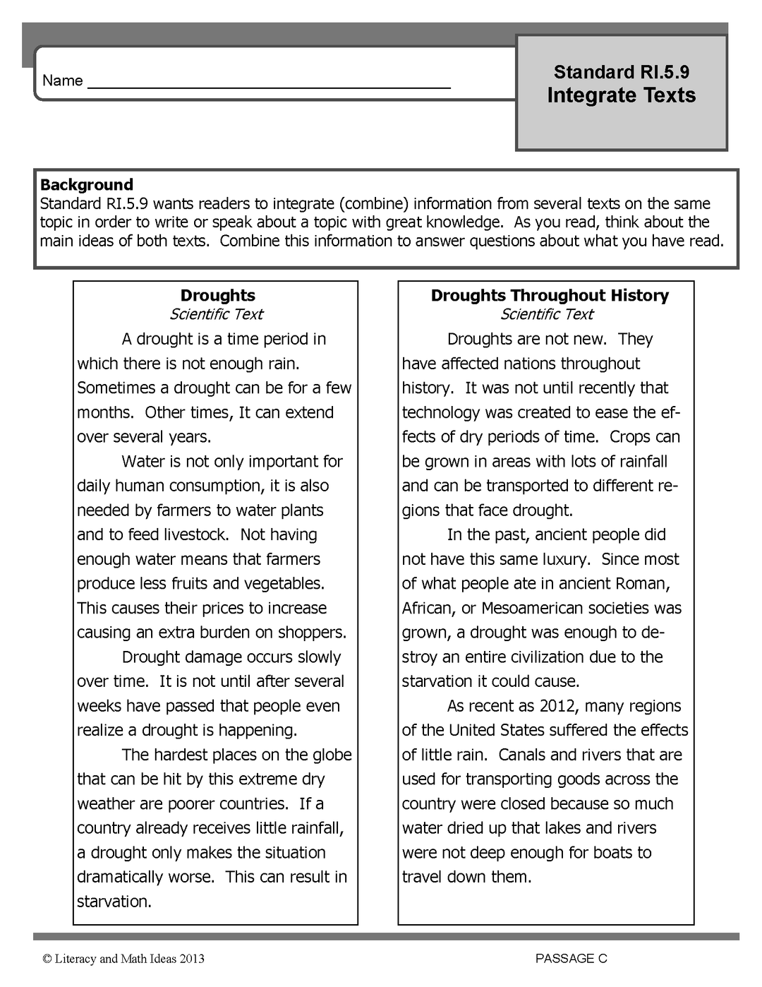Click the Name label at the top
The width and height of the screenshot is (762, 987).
coord(62,80)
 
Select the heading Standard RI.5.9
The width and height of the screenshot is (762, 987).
coord(621,72)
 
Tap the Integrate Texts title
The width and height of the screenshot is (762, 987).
coord(621,95)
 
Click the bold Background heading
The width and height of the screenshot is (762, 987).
coord(86,185)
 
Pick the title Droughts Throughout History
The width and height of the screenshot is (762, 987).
coord(550,296)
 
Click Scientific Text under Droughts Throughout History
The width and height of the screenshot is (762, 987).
coord(547,314)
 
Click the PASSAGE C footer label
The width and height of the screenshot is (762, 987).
coord(571,958)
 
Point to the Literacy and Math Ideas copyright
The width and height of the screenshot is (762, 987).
coord(123,958)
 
